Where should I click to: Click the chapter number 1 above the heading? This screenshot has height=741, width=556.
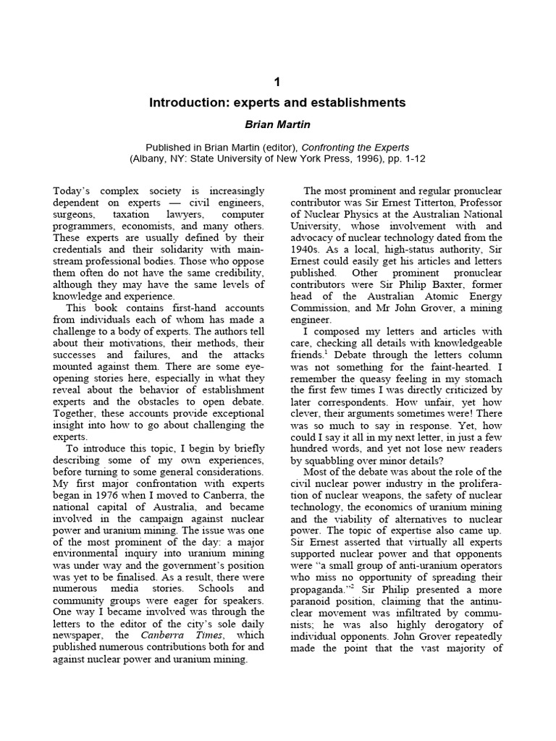click(x=278, y=81)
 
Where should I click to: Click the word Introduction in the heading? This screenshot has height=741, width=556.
click(x=187, y=103)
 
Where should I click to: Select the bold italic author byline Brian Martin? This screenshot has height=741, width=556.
click(x=278, y=124)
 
